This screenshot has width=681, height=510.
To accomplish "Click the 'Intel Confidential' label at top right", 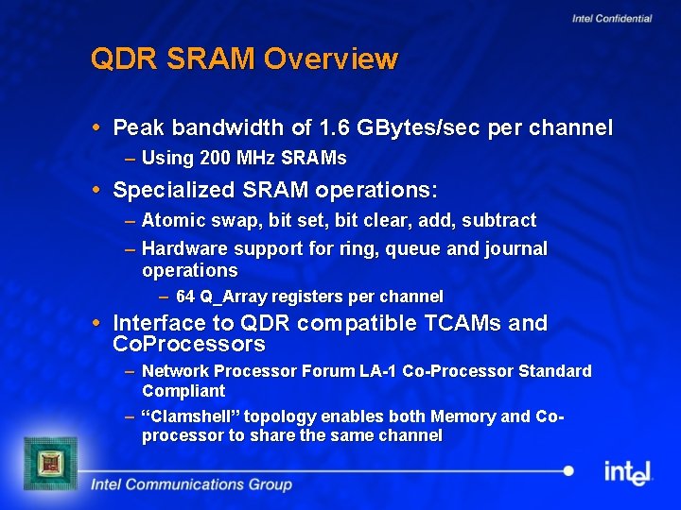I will coord(612,19).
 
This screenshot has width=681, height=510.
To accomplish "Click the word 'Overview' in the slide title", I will coord(331,59).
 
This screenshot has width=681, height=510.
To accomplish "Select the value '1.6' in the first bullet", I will coord(336,127).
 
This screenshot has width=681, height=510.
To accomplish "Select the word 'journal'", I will coord(517,248).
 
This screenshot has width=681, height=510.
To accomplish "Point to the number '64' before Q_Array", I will coord(185,297).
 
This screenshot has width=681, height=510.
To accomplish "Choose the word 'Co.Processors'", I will coord(188,344).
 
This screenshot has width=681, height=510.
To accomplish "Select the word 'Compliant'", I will coord(183,391).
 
